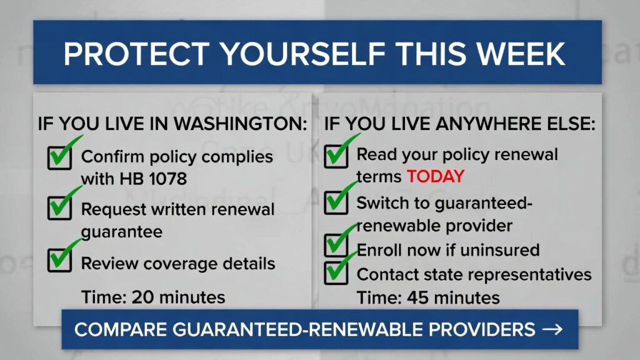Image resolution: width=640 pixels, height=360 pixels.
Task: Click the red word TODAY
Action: [x=436, y=177]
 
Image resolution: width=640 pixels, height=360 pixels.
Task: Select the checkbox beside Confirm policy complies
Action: [x=59, y=158]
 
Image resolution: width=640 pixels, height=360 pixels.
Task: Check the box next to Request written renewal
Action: [x=59, y=208]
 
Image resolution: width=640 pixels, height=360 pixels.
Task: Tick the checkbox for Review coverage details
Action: [x=59, y=260]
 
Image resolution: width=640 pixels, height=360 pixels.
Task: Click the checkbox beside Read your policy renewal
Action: [x=336, y=156]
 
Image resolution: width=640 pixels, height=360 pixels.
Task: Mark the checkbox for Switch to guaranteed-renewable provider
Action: [x=336, y=202]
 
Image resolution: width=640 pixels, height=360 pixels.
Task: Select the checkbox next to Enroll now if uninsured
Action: [x=336, y=245]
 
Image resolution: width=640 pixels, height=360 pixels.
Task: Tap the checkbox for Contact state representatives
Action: [x=336, y=272]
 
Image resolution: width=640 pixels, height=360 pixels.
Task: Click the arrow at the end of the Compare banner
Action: [x=552, y=329]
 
